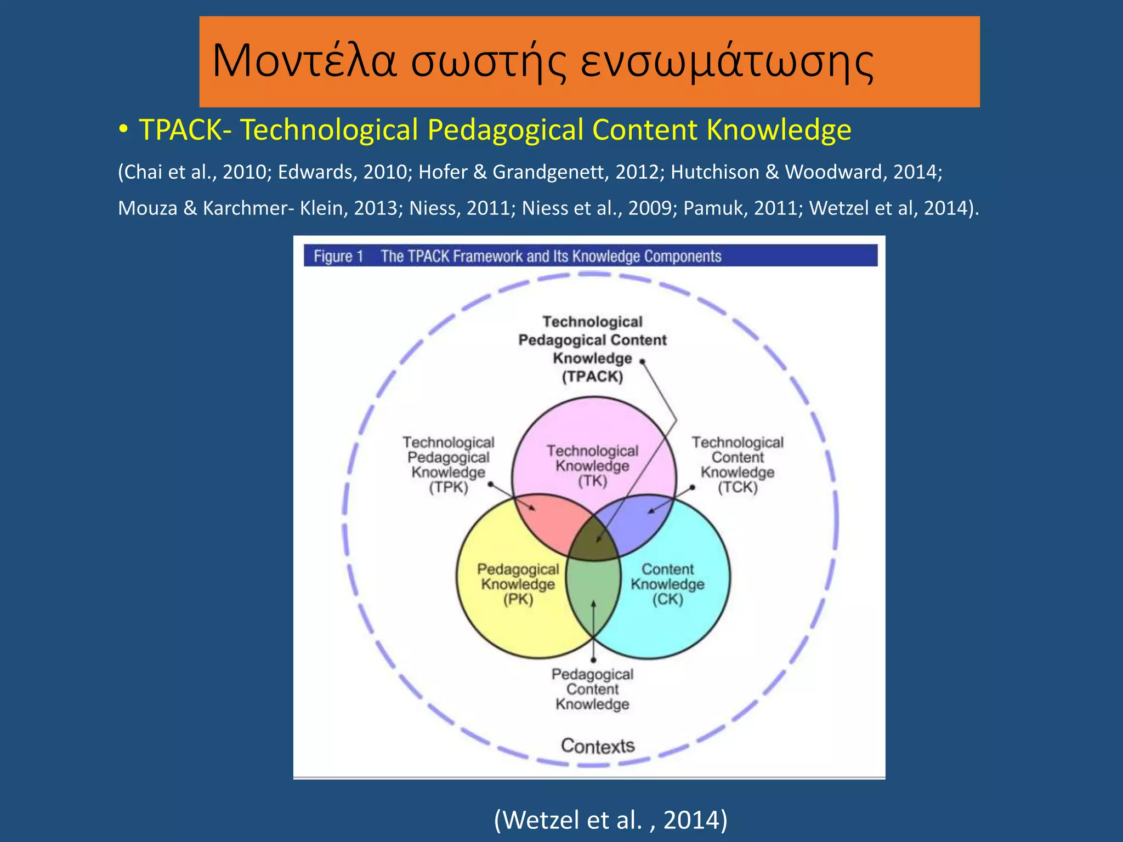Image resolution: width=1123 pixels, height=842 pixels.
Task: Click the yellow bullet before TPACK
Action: pos(124,130)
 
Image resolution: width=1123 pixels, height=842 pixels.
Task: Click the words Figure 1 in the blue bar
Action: pos(338,256)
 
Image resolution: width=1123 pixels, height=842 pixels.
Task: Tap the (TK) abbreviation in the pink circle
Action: pos(593,481)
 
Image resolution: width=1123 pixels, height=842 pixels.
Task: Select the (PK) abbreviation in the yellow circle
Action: pos(518,599)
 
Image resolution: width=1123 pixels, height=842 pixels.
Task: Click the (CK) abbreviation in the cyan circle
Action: pos(667,599)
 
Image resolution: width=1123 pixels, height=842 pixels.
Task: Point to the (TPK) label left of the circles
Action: pos(449,487)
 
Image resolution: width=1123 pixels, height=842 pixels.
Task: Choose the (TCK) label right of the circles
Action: pos(738,487)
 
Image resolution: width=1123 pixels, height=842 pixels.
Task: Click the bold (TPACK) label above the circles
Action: pos(592,377)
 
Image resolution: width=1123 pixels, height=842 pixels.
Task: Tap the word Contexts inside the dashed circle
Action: pos(597,746)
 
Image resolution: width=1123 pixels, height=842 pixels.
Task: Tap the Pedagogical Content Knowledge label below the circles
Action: pos(592,689)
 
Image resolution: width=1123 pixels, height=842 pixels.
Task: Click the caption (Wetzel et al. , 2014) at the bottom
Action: pos(610,820)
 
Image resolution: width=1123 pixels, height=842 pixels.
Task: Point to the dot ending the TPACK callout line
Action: pos(642,362)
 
